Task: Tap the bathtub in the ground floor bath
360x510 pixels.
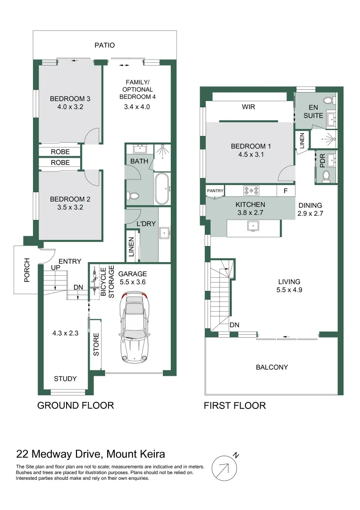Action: [x=163, y=189]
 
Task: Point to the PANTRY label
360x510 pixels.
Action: [x=215, y=191]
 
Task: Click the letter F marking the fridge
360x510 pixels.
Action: [x=285, y=191]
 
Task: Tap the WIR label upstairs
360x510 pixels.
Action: [x=248, y=107]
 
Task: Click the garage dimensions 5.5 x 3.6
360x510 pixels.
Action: [x=133, y=281]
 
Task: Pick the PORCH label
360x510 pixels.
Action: [x=27, y=270]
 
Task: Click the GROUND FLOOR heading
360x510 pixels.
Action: [x=75, y=405]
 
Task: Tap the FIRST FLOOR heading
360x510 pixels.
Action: [x=234, y=405]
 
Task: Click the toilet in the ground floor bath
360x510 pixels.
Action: [x=133, y=195]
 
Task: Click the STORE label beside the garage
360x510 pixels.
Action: [x=96, y=346]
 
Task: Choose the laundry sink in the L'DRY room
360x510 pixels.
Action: [x=165, y=232]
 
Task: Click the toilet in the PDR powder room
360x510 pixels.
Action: [x=326, y=176]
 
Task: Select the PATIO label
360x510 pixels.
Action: [x=104, y=45]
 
